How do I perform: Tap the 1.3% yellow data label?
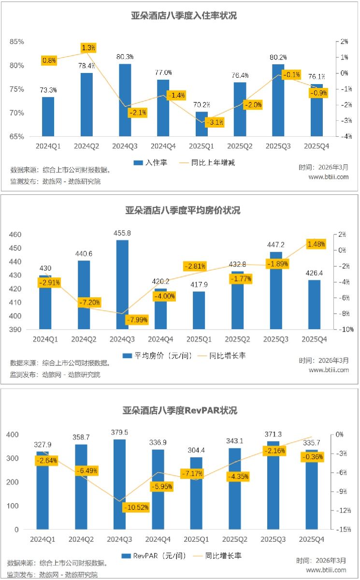88,48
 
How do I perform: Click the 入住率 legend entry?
151,162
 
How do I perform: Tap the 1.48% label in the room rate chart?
316,244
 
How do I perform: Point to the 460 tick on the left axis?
15,234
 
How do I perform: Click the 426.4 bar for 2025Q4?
314,304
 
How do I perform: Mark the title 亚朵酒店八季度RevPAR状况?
180,411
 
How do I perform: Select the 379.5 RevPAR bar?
119,484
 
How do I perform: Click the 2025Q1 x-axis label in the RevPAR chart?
197,539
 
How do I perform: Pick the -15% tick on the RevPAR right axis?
343,529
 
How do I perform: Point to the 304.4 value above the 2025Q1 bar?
197,451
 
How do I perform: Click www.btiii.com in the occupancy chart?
329,177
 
